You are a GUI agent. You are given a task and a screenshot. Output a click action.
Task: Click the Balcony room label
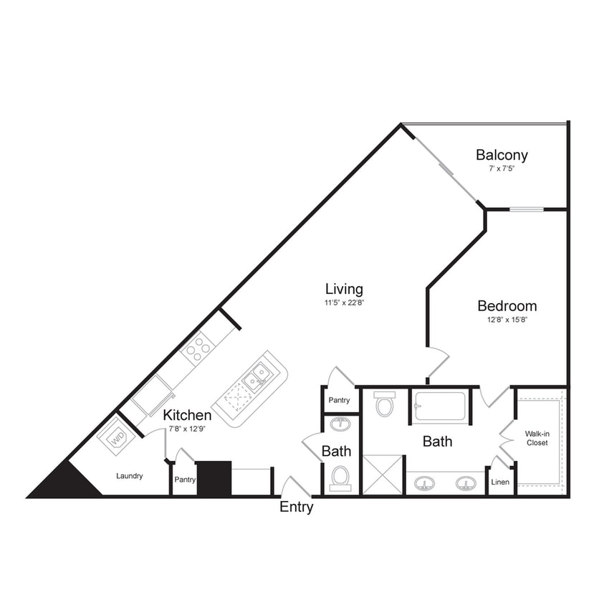(502, 155)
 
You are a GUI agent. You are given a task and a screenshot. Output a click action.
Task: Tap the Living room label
(344, 289)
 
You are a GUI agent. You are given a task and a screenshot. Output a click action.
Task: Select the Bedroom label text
(507, 306)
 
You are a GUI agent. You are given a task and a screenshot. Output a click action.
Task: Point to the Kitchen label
(187, 415)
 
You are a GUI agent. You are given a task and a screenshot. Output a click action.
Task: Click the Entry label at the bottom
(296, 508)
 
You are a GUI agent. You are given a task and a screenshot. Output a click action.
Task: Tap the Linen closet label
(500, 482)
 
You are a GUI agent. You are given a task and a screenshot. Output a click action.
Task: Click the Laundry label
(130, 476)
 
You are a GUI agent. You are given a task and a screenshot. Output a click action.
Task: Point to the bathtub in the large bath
(438, 406)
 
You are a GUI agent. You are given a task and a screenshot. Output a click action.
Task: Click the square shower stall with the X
(383, 474)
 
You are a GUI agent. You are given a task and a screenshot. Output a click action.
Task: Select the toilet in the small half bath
(340, 476)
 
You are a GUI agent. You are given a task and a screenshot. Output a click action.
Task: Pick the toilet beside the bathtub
(385, 404)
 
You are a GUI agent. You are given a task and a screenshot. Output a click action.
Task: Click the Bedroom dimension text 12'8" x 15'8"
(507, 320)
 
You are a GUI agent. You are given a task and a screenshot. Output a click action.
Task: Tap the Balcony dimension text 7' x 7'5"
(502, 169)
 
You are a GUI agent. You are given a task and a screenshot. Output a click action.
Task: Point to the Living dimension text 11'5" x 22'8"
(344, 302)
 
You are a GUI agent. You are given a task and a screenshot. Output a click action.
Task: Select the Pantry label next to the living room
(338, 400)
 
